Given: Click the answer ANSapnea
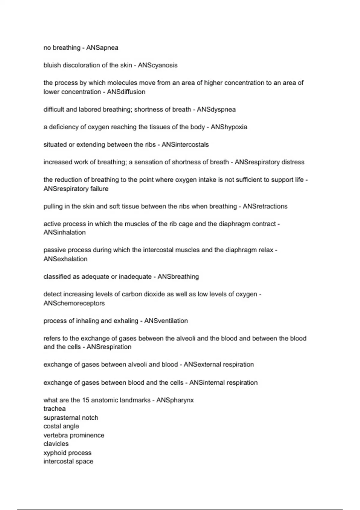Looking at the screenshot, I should (102, 48).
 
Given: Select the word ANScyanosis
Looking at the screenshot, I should (157, 65).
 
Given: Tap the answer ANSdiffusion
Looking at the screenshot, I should (126, 92).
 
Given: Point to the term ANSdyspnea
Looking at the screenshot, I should (216, 109).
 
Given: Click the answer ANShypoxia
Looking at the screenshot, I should (229, 127).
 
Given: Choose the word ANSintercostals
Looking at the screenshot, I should (185, 145).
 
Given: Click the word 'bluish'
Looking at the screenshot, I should (52, 65).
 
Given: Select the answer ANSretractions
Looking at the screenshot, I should (265, 206).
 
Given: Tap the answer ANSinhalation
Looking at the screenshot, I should (64, 232).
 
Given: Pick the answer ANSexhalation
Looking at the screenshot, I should (65, 259).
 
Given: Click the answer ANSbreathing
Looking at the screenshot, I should (178, 277).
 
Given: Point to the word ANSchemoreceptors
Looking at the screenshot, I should (74, 303).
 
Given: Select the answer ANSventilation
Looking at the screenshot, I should (166, 321).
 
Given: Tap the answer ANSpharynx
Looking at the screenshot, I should (175, 400).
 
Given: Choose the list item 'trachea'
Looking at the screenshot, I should (55, 409).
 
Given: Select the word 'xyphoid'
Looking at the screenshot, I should (54, 453).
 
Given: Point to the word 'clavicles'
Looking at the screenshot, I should (56, 444).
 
